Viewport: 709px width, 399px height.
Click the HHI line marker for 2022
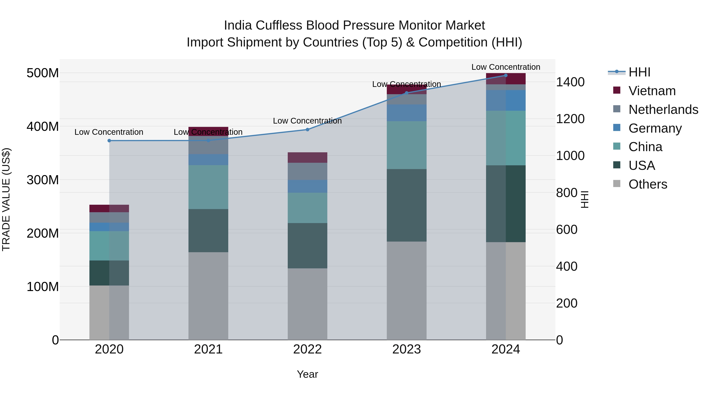pyautogui.click(x=307, y=129)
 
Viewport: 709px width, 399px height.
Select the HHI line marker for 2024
pyautogui.click(x=506, y=75)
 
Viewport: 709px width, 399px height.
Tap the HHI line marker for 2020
pyautogui.click(x=109, y=140)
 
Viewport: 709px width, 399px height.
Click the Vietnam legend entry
pyautogui.click(x=652, y=91)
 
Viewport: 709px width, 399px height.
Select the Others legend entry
pyautogui.click(x=648, y=184)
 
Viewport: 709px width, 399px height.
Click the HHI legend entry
pyautogui.click(x=639, y=72)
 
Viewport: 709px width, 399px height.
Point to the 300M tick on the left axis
pyautogui.click(x=43, y=180)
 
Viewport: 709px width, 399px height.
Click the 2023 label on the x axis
pyautogui.click(x=406, y=349)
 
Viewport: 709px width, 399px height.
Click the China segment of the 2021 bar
pyautogui.click(x=208, y=187)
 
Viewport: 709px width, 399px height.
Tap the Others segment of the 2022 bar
pyautogui.click(x=307, y=304)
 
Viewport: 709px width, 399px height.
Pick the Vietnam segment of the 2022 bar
pyautogui.click(x=307, y=157)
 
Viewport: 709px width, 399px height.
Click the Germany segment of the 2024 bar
pyautogui.click(x=506, y=100)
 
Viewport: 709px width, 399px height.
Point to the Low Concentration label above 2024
pyautogui.click(x=506, y=67)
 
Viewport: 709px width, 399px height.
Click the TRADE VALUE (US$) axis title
pyautogui.click(x=6, y=199)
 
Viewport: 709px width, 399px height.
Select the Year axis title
pyautogui.click(x=307, y=374)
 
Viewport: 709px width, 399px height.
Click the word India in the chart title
pyautogui.click(x=238, y=25)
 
